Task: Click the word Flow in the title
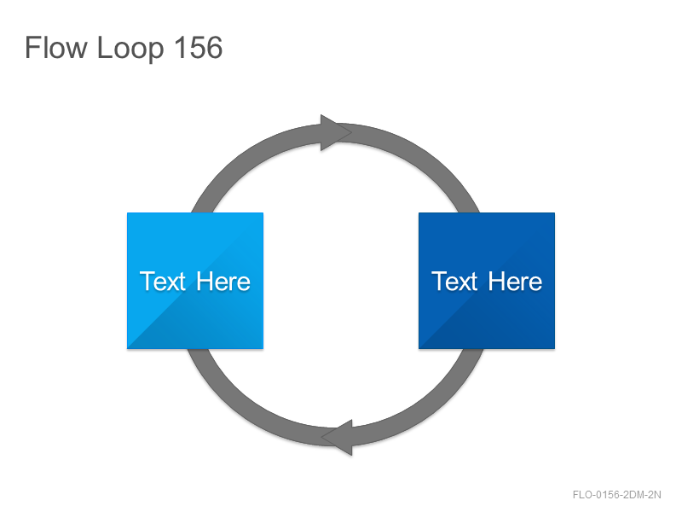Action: click(x=56, y=47)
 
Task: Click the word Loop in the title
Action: click(x=130, y=49)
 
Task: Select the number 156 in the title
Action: click(x=198, y=47)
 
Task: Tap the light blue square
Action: click(x=195, y=281)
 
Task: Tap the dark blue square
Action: click(x=486, y=281)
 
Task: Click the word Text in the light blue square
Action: click(x=163, y=282)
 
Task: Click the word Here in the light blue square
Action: click(x=223, y=282)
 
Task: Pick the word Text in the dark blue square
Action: click(x=454, y=282)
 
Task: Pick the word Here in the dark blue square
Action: click(x=515, y=282)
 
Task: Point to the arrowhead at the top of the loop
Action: click(x=336, y=132)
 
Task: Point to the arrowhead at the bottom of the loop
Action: click(x=337, y=437)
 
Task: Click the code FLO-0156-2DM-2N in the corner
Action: click(x=616, y=495)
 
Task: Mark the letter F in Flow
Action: click(x=32, y=47)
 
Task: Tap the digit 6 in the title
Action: click(x=215, y=47)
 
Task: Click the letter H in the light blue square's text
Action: click(x=205, y=281)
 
